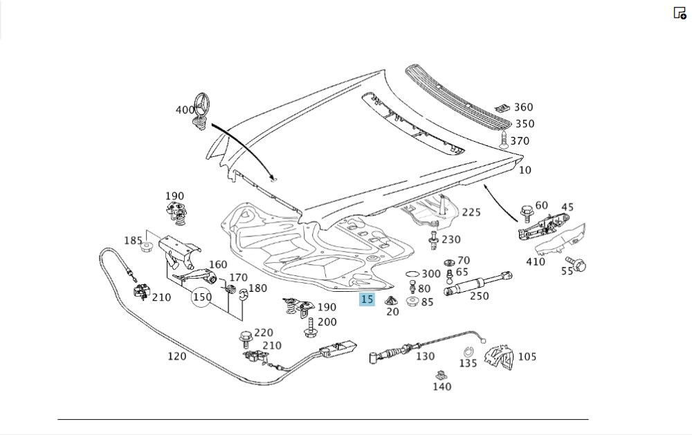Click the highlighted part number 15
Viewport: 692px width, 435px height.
click(x=367, y=299)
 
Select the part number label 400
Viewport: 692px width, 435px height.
click(x=185, y=110)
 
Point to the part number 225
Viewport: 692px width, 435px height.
click(x=471, y=212)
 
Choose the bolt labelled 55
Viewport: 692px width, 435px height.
click(x=577, y=263)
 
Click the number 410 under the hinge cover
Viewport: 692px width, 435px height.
click(x=536, y=261)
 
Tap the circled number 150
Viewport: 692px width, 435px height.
click(x=202, y=297)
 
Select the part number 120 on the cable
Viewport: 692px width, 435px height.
click(x=177, y=356)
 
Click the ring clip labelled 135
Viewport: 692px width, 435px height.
click(x=468, y=351)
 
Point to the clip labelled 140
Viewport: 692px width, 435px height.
click(x=441, y=376)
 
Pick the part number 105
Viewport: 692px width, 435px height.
click(x=527, y=357)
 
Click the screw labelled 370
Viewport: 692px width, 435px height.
click(x=504, y=142)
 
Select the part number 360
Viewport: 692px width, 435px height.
click(x=523, y=107)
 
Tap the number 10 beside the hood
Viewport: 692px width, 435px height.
click(x=525, y=170)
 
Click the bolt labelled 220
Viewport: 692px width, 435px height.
click(x=245, y=337)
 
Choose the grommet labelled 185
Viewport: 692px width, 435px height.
click(x=147, y=246)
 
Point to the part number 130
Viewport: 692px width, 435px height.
click(x=425, y=356)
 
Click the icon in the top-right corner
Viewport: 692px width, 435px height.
click(x=680, y=12)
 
